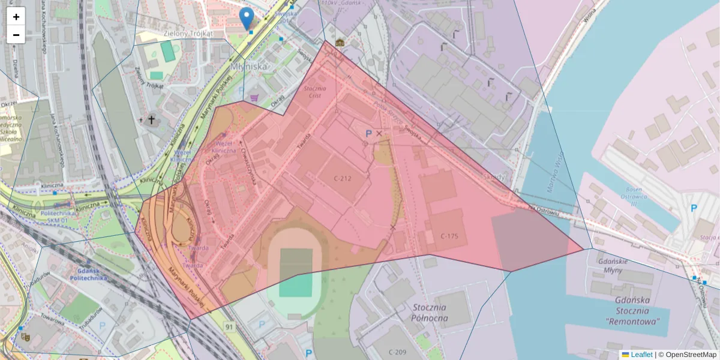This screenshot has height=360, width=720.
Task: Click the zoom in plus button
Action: [16, 17]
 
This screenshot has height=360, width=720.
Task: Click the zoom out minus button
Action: [16, 35]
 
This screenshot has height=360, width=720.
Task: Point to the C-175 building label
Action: [449, 236]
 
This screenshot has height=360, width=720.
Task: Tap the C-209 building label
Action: [398, 352]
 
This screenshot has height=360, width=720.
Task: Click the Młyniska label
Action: [248, 67]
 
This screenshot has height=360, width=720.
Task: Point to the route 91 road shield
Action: [229, 326]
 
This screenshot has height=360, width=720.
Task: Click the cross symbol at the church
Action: [151, 120]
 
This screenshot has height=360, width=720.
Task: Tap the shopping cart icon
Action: [254, 97]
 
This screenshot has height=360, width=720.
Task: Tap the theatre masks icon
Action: [25, 337]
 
